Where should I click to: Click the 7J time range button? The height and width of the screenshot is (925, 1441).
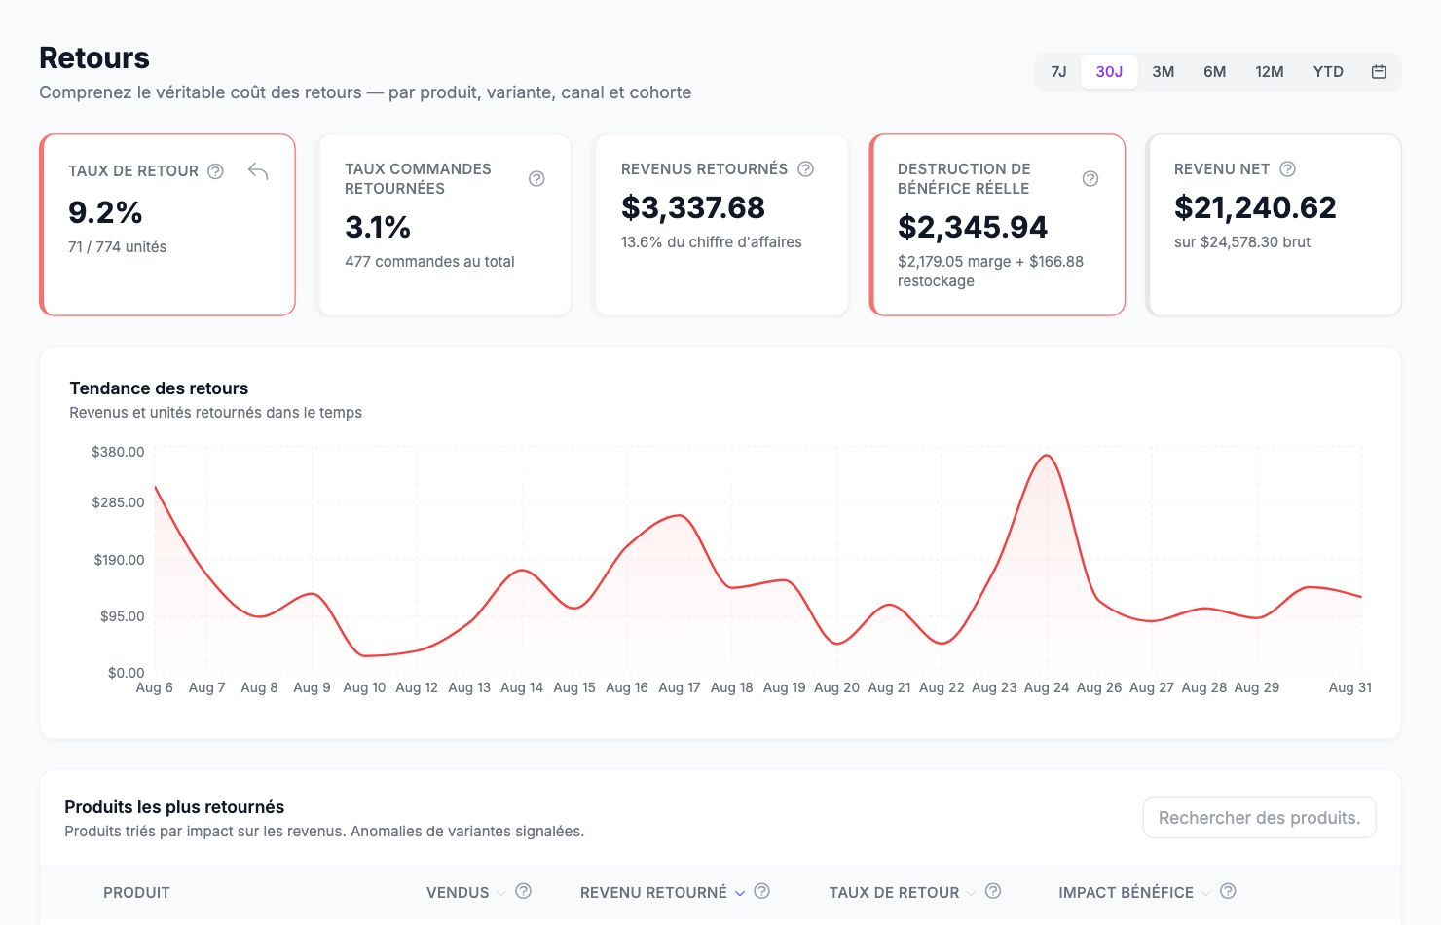tap(1058, 71)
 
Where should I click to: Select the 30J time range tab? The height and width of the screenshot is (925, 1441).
tap(1109, 71)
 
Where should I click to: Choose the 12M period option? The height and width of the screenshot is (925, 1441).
tap(1269, 71)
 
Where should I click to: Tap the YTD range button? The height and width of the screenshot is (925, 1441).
tap(1328, 71)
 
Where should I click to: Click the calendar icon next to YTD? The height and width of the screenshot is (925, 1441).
tap(1379, 71)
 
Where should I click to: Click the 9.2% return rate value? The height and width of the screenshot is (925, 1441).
tap(105, 212)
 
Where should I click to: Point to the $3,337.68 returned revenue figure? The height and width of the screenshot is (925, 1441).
tap(693, 207)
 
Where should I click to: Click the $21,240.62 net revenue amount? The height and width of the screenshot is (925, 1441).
tap(1255, 207)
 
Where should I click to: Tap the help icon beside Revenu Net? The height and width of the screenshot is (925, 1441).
tap(1287, 169)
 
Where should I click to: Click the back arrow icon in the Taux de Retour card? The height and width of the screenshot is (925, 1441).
tap(258, 171)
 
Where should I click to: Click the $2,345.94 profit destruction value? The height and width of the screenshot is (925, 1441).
tap(972, 227)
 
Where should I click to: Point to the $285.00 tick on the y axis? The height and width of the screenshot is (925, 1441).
tap(118, 502)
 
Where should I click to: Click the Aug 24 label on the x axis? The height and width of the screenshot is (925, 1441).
tap(1046, 687)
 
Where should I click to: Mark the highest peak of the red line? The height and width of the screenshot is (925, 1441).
tap(1047, 456)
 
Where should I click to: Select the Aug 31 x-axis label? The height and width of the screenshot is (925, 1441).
tap(1349, 687)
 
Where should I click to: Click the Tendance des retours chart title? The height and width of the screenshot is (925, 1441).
tap(159, 388)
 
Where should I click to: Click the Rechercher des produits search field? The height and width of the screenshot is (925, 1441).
tap(1259, 818)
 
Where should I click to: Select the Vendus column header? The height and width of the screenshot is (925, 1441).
tap(458, 892)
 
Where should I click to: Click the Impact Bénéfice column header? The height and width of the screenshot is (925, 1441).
tap(1126, 892)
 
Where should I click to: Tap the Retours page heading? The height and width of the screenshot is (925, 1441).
tap(93, 57)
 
